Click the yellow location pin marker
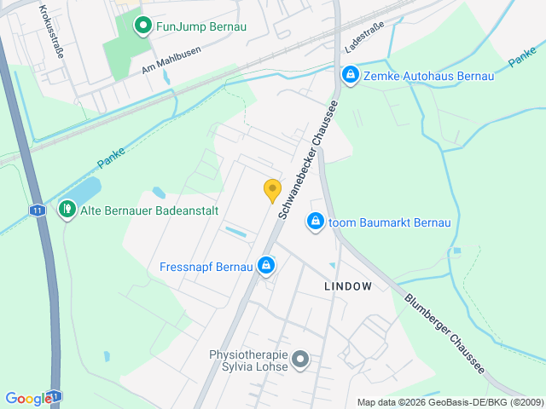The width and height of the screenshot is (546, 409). click(x=272, y=190)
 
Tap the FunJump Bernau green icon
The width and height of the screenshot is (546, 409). click(x=143, y=26)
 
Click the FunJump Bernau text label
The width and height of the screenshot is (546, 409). click(x=201, y=26)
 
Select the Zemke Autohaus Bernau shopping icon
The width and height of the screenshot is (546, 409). click(x=350, y=76)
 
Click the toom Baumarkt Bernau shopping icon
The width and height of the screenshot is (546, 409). click(x=316, y=222)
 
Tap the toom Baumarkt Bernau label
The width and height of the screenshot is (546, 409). click(x=389, y=222)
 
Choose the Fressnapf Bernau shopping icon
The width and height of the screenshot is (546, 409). click(x=266, y=267)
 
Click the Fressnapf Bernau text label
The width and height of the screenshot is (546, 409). click(x=206, y=267)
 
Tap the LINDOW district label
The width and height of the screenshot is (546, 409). click(x=348, y=286)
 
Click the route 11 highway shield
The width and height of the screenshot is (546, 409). click(x=38, y=209)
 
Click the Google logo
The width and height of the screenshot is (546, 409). click(x=28, y=398)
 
